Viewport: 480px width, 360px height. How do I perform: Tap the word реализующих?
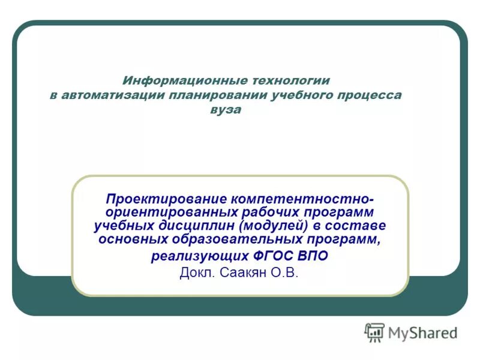(198, 256)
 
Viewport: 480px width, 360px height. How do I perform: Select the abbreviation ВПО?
(313, 256)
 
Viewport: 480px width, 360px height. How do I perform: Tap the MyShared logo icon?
(374, 332)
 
